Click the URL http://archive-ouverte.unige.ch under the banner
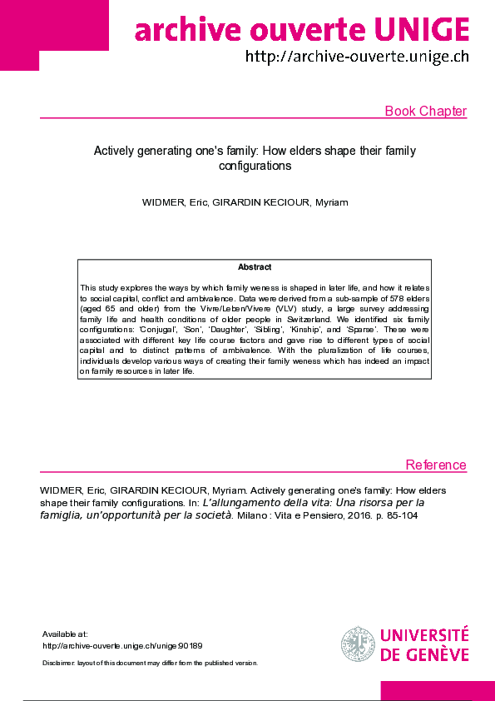(357, 57)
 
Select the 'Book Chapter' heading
(425, 112)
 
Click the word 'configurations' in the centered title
(255, 166)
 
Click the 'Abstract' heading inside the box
(255, 267)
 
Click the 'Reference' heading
(436, 465)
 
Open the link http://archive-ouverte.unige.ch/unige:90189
(122, 645)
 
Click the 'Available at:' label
(64, 634)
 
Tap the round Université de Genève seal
(358, 644)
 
